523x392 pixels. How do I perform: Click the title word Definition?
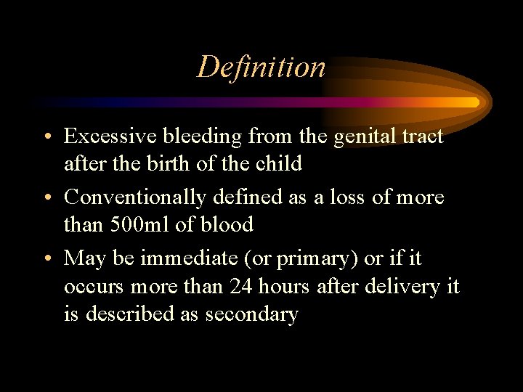pos(261,67)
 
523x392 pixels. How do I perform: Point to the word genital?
pos(362,136)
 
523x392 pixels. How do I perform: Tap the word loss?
pos(353,197)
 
